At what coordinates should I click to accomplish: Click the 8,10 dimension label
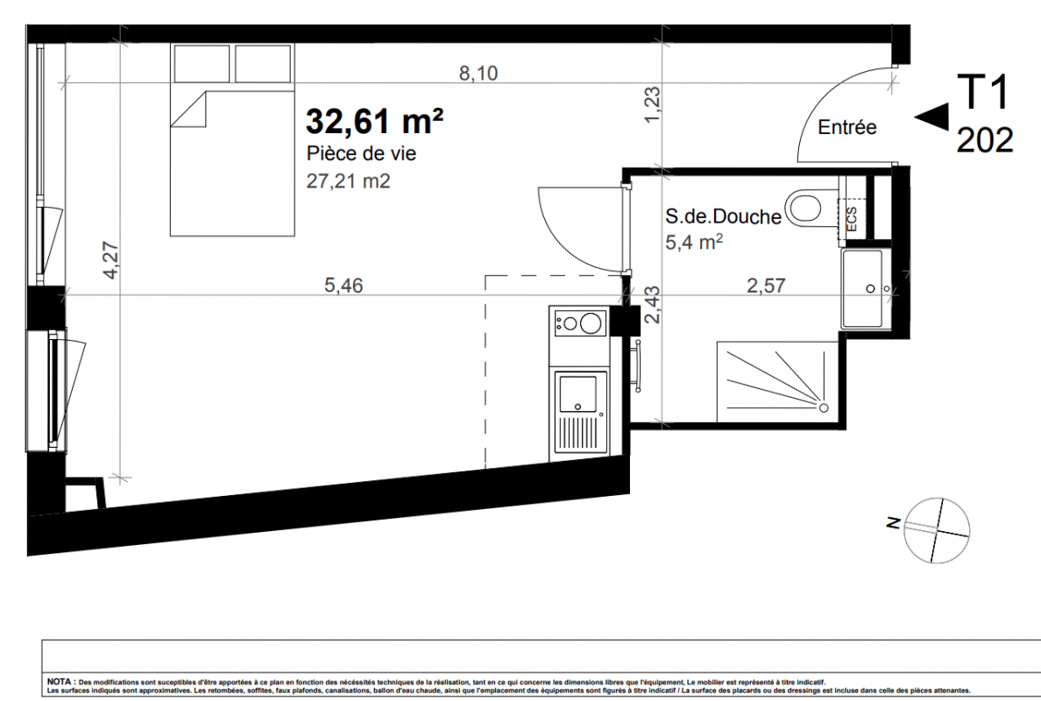[x=478, y=73]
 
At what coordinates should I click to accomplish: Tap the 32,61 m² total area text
[x=374, y=122]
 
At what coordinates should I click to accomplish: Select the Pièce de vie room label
[x=361, y=154]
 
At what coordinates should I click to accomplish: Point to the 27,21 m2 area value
[x=348, y=181]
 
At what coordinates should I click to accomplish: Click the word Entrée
[x=847, y=127]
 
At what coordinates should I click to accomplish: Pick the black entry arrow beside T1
[x=931, y=116]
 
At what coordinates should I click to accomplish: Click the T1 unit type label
[x=982, y=92]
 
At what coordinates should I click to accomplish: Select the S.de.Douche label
[x=723, y=216]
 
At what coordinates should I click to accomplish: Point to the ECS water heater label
[x=853, y=220]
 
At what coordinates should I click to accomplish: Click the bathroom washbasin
[x=867, y=289]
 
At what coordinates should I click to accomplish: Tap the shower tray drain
[x=824, y=407]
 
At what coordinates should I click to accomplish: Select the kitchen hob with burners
[x=579, y=323]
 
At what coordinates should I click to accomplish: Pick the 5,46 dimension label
[x=343, y=286]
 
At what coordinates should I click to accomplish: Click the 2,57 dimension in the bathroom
[x=766, y=286]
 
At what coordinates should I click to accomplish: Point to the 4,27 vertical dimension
[x=111, y=260]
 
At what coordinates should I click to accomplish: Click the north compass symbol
[x=936, y=530]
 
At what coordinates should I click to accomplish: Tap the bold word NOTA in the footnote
[x=60, y=682]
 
